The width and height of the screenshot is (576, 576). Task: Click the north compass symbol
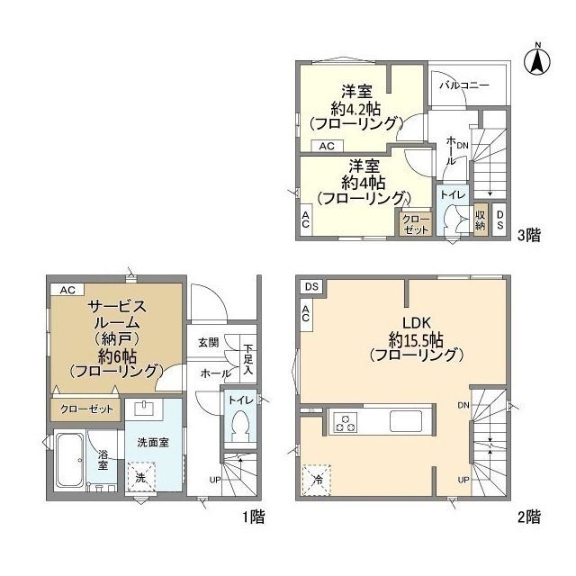pyautogui.click(x=537, y=60)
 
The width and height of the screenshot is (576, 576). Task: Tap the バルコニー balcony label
pyautogui.click(x=464, y=85)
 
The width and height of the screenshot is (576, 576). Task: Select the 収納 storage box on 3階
pyautogui.click(x=480, y=220)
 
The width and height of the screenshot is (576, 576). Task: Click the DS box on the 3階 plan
pyautogui.click(x=499, y=220)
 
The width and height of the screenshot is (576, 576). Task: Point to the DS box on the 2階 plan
pyautogui.click(x=311, y=286)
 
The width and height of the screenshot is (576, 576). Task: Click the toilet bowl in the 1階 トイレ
pyautogui.click(x=240, y=426)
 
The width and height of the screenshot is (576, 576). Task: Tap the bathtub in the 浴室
pyautogui.click(x=69, y=460)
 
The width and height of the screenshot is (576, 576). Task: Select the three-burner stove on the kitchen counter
pyautogui.click(x=345, y=423)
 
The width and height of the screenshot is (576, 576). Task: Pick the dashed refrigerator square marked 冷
pyautogui.click(x=317, y=480)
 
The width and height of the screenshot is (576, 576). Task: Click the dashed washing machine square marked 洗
pyautogui.click(x=141, y=477)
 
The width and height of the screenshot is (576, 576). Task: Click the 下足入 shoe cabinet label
pyautogui.click(x=248, y=359)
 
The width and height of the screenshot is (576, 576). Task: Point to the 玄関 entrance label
pyautogui.click(x=209, y=343)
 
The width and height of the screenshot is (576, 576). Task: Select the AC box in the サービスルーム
pyautogui.click(x=67, y=290)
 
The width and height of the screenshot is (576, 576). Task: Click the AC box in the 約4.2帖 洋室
pyautogui.click(x=327, y=146)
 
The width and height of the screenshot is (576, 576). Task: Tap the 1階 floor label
pyautogui.click(x=253, y=517)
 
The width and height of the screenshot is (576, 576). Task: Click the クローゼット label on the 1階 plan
pyautogui.click(x=86, y=409)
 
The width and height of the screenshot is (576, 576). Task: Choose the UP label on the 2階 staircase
pyautogui.click(x=463, y=480)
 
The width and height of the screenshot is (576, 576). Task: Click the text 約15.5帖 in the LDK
pyautogui.click(x=416, y=341)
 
